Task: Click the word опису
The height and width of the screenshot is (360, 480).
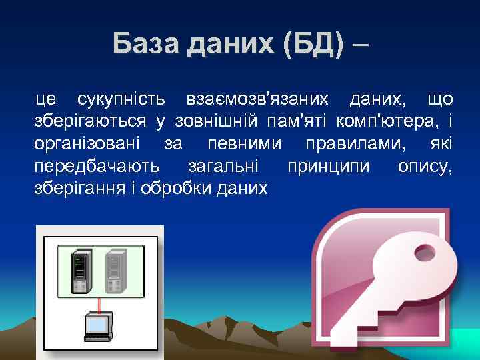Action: tap(425, 167)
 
